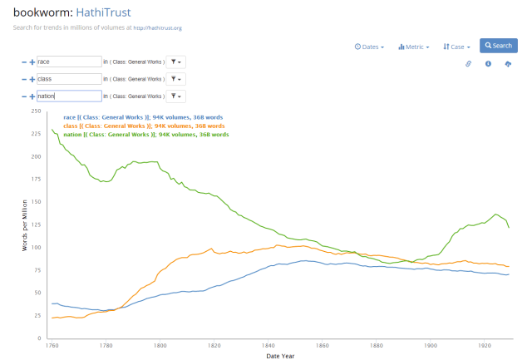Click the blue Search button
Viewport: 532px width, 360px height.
pos(499,46)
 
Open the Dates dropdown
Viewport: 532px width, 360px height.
pos(369,47)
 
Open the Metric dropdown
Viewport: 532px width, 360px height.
pos(413,47)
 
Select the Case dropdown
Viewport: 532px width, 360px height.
pos(456,47)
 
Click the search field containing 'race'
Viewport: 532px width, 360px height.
pos(69,62)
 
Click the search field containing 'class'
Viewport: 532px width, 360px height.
pos(69,79)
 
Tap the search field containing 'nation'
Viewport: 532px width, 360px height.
pos(69,96)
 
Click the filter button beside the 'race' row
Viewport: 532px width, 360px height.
pos(175,62)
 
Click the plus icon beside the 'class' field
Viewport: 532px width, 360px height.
pos(32,79)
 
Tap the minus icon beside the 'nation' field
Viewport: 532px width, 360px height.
pos(23,96)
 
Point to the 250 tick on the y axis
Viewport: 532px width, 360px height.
pos(36,111)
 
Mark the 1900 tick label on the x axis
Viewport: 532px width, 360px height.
pos(430,345)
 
